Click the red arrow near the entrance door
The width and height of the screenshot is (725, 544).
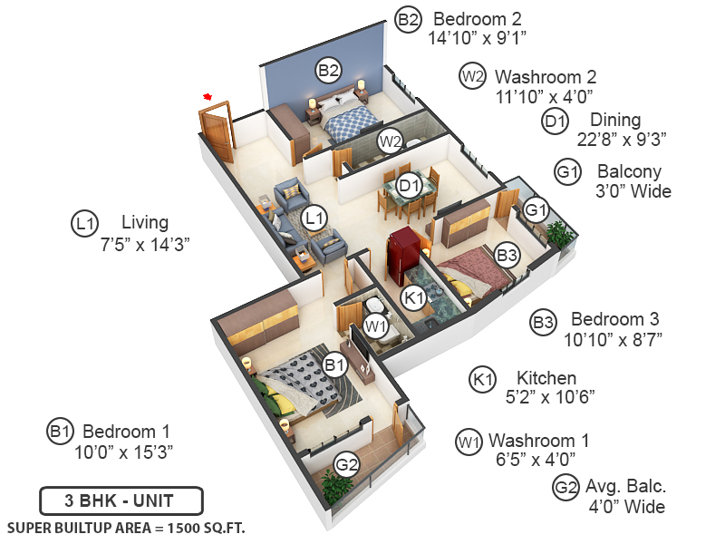click(208, 96)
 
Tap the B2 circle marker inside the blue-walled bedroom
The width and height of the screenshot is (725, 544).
click(328, 69)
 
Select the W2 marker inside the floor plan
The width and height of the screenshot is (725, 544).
click(390, 141)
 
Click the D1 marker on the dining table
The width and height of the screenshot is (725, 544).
click(409, 187)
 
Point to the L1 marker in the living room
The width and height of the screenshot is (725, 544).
click(314, 218)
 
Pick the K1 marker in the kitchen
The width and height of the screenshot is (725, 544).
click(413, 297)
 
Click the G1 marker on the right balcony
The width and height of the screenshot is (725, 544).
click(536, 210)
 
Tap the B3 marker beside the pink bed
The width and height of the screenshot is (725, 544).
click(507, 257)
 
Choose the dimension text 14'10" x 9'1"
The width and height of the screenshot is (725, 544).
click(478, 37)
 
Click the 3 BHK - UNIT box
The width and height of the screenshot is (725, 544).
click(121, 500)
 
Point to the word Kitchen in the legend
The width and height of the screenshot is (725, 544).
click(546, 377)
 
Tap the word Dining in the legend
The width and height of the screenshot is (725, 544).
click(615, 120)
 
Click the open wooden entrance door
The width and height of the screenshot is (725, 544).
click(216, 130)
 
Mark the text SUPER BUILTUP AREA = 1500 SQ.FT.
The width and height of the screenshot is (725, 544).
click(126, 527)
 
